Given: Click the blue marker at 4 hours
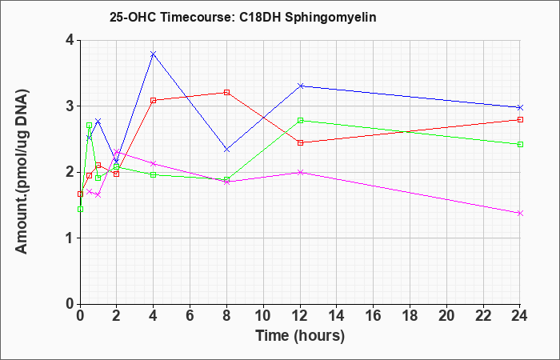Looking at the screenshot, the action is point(154,54).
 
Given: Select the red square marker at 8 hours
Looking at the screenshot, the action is point(226,93).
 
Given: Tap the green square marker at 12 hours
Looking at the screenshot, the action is point(300,120).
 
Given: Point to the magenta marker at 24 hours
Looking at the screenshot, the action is point(520,214).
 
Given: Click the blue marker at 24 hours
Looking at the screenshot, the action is point(520,107).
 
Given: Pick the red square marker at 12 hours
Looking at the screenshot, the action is point(300,143).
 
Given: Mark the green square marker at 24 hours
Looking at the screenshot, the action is point(520,144).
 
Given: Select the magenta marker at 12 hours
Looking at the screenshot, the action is point(300,172).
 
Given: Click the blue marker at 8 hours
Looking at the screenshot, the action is point(226,150).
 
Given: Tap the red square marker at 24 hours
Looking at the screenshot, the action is point(520,120).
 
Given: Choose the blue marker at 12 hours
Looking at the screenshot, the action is point(300,86).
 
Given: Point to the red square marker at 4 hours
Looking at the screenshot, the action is point(154,100).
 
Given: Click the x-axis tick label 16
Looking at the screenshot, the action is point(374,316).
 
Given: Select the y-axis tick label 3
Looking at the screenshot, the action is point(70,106).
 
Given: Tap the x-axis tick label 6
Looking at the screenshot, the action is point(190,316).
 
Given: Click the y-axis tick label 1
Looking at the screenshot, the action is point(70,238).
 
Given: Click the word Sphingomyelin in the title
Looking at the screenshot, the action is point(330,18).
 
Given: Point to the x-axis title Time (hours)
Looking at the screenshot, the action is point(300,336).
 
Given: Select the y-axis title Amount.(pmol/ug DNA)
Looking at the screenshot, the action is point(22,172).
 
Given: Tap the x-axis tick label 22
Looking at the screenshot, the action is point(483,316).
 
